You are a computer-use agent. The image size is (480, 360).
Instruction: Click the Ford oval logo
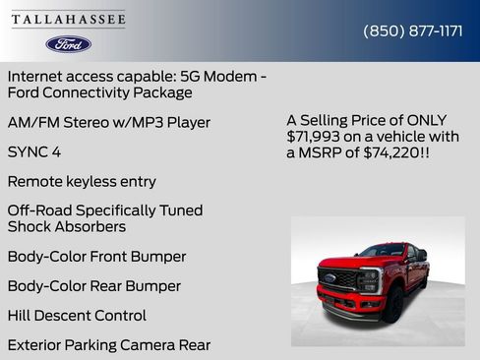pos(69,44)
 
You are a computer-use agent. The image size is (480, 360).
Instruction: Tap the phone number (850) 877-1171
pos(413,30)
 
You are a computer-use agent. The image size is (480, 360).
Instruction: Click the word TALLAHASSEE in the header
pos(69,20)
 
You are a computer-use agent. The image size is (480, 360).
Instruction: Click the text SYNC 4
pos(34,152)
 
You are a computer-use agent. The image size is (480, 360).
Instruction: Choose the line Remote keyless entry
pos(82,182)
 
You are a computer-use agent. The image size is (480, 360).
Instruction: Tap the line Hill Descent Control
pos(77,316)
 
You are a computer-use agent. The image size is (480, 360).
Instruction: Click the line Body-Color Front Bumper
pos(96,257)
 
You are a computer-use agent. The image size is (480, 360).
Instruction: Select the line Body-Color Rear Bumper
pos(94,286)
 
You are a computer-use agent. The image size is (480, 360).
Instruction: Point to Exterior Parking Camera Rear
pos(109,345)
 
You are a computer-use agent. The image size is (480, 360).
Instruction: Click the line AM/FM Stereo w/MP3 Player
pos(109,123)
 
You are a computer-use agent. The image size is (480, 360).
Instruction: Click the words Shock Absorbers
pos(67,226)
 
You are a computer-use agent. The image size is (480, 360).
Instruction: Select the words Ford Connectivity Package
pos(99,92)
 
